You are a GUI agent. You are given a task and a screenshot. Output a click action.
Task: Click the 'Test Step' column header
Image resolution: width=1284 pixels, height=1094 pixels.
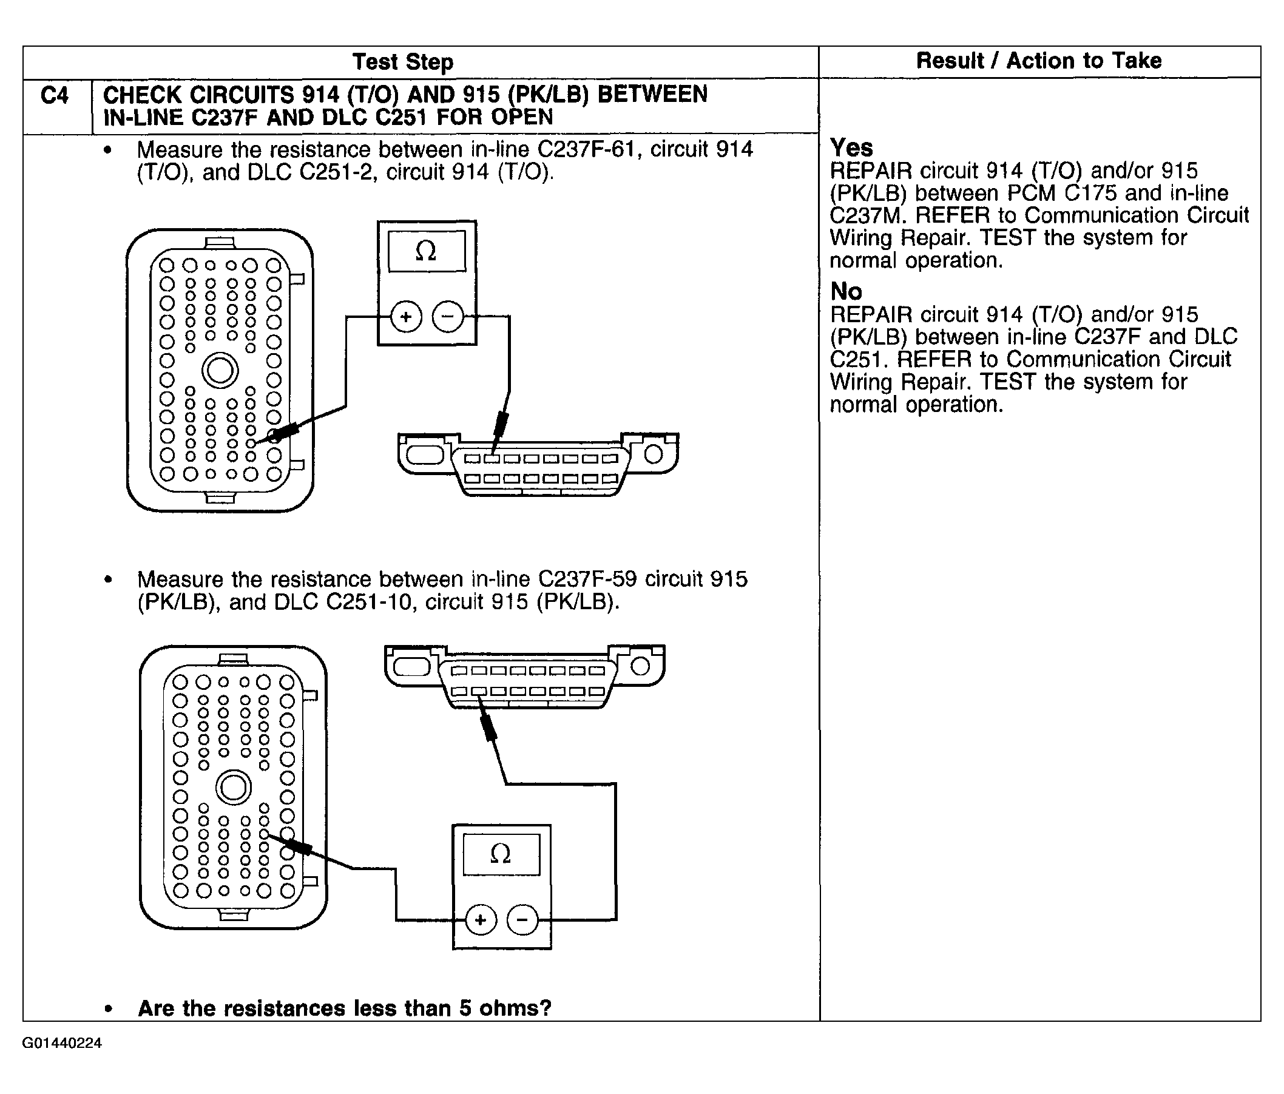pos(403,62)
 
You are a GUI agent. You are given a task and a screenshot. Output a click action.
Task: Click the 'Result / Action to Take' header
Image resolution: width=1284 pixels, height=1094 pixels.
pos(1039,61)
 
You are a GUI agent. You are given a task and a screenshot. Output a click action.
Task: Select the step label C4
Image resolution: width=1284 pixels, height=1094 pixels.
pos(55,96)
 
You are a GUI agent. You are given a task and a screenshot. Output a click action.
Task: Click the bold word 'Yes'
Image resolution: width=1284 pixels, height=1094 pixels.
pos(851,147)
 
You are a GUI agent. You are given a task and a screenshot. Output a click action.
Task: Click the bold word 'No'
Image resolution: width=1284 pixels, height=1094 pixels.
pos(846,291)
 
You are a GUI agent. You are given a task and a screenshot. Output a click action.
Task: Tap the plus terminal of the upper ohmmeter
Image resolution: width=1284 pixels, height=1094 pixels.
pos(406,317)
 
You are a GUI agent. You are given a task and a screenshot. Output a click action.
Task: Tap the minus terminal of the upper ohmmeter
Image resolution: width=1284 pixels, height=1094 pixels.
pos(447,317)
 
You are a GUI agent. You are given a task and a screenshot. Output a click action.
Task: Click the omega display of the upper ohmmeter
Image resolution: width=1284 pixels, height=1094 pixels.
pos(427,251)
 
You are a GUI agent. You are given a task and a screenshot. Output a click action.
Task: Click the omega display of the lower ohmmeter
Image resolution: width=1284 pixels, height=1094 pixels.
pos(501,854)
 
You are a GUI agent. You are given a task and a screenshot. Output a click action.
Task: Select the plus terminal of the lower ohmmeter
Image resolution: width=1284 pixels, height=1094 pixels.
pos(480,920)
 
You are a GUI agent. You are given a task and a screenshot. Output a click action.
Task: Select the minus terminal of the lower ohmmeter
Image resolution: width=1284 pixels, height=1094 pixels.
pos(522,920)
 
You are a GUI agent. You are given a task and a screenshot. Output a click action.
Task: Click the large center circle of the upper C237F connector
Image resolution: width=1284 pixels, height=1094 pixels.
pos(220,371)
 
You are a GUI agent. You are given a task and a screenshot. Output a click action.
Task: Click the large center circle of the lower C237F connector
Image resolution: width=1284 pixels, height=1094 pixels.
pos(233,788)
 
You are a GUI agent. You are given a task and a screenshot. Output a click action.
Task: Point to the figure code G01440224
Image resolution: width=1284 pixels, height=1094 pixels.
pos(62,1043)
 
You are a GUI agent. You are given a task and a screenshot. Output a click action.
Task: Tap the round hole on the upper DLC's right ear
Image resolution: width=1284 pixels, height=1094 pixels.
pos(653,454)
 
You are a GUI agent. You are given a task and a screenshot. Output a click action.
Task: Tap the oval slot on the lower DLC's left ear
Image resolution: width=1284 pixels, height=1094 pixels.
pos(411,667)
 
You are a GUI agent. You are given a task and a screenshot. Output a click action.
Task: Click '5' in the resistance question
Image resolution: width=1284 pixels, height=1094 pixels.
pos(465,1008)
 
